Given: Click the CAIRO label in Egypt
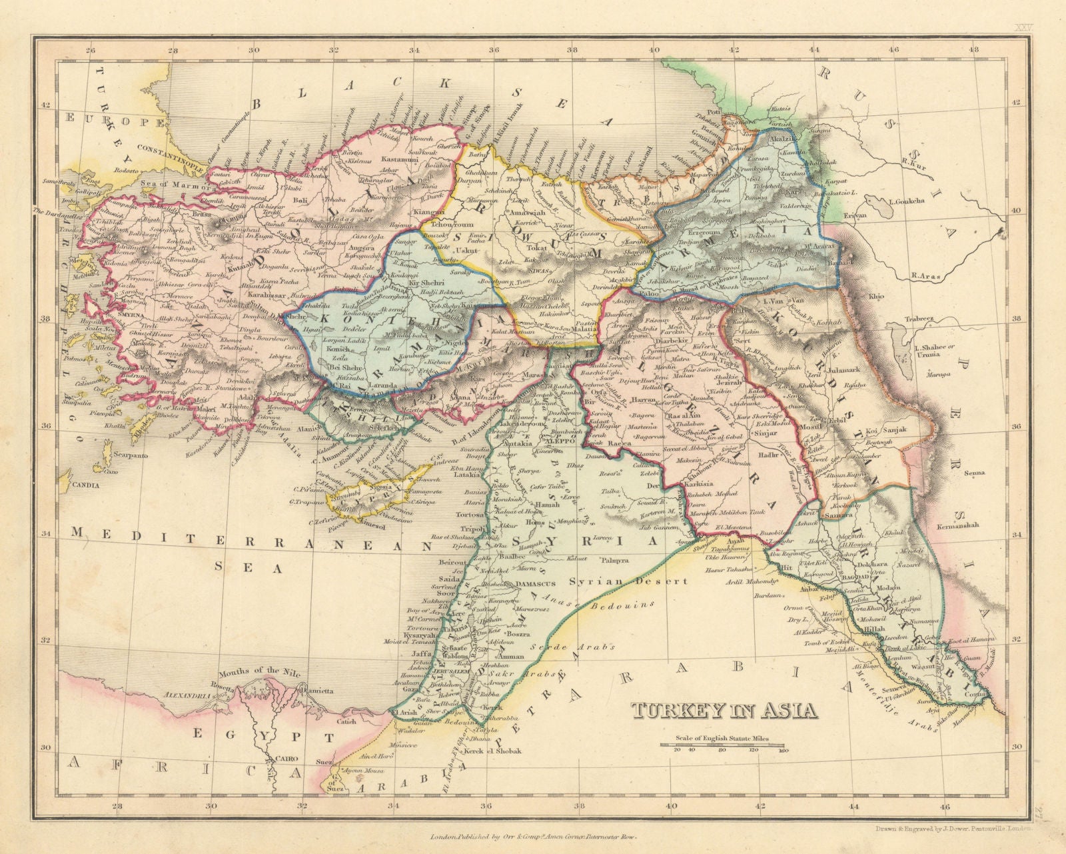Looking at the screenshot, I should pyautogui.click(x=283, y=759).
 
